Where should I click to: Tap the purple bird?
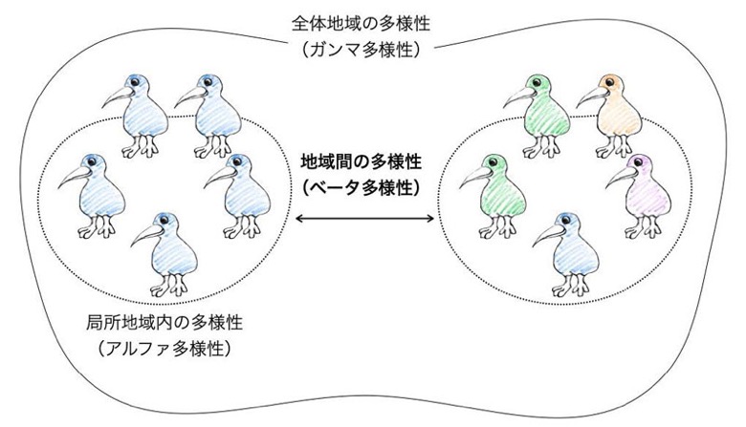[643, 196]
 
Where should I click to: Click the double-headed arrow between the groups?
[365, 219]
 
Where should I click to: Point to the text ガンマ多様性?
[362, 50]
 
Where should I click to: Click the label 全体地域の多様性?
[362, 24]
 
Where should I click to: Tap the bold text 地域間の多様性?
[362, 162]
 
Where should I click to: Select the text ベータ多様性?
[362, 188]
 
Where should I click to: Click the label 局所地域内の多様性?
[165, 323]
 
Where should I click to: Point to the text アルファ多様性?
[165, 349]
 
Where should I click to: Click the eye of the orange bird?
[610, 82]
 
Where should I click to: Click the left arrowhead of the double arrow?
[298, 219]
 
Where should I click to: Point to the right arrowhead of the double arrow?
[431, 219]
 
